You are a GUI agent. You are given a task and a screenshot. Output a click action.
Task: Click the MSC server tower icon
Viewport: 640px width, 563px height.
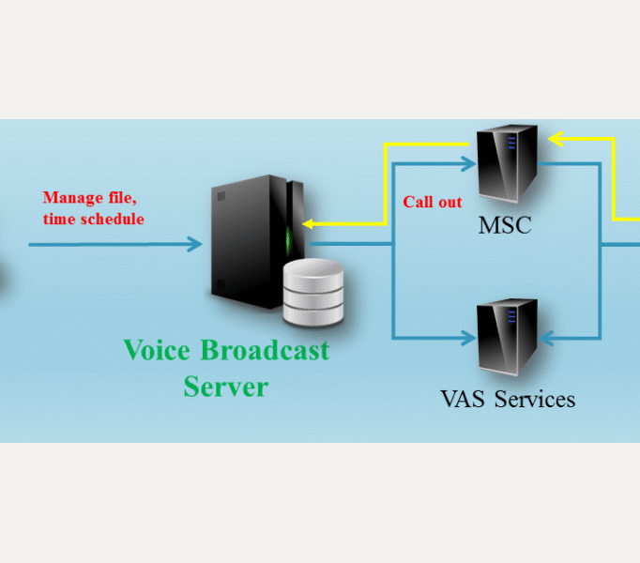(507, 165)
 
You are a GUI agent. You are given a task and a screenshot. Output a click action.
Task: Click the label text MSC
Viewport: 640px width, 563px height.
(505, 226)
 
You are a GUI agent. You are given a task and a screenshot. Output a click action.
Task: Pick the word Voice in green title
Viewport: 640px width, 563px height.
(156, 351)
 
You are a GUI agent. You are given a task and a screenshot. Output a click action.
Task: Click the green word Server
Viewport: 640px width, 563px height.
(225, 386)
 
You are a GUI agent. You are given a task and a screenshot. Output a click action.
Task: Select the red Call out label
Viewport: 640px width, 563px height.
(432, 202)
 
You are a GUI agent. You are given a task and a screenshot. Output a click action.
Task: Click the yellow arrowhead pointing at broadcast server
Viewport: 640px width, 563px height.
(308, 224)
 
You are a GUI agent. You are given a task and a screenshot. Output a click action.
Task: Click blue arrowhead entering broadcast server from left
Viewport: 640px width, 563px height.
(194, 245)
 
